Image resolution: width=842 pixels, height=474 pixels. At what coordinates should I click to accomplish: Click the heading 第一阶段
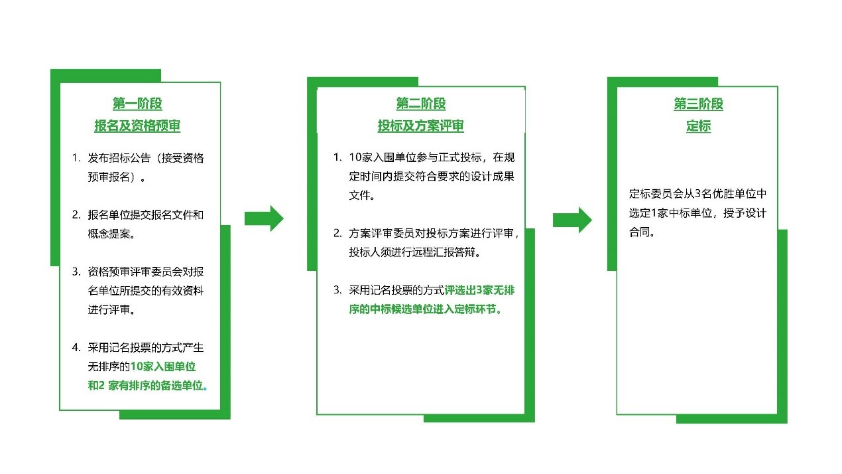tap(137, 104)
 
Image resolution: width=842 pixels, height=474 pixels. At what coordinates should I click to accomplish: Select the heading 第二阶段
tap(420, 104)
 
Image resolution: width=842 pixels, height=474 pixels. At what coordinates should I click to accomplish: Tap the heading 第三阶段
tap(698, 104)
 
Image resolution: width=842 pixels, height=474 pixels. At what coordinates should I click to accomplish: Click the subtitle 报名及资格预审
tap(137, 125)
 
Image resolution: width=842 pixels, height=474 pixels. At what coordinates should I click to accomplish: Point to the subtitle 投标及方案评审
tap(420, 125)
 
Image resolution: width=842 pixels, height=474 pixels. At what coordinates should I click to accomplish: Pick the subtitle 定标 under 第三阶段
tap(698, 125)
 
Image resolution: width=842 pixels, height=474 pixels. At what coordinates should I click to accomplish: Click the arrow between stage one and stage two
tap(264, 218)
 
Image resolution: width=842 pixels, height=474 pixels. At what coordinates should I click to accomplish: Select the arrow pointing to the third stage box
tap(572, 220)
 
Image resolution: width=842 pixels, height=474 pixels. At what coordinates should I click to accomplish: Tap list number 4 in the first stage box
tap(76, 347)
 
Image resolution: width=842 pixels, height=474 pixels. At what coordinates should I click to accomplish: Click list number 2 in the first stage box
tap(76, 214)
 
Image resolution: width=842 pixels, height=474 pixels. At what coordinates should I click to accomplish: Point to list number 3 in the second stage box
tap(337, 290)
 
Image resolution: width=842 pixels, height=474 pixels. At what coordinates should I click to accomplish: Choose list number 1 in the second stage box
tap(337, 157)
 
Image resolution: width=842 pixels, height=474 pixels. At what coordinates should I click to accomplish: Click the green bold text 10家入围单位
tap(163, 366)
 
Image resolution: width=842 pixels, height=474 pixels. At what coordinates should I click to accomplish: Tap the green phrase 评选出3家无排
tap(479, 290)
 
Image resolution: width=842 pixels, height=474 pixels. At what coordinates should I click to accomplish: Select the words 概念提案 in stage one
tap(109, 234)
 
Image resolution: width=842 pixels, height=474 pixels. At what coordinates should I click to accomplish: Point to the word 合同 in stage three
tap(639, 232)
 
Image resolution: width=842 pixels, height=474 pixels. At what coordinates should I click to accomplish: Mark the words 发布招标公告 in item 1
tap(119, 158)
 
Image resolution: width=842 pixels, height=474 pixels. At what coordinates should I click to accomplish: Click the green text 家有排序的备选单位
tap(156, 386)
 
